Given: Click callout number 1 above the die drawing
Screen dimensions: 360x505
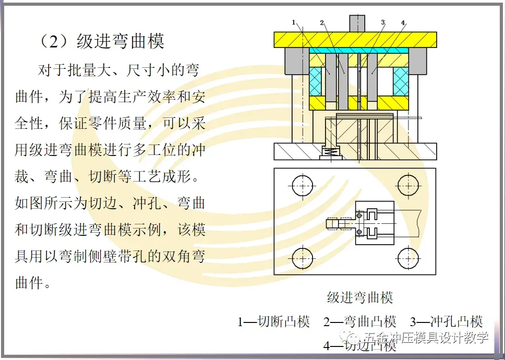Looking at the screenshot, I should [x=294, y=22].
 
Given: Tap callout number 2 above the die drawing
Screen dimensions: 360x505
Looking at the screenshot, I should [x=322, y=22].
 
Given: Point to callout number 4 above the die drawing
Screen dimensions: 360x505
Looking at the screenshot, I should [x=403, y=22].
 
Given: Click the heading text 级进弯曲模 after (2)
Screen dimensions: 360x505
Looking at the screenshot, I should [x=121, y=41].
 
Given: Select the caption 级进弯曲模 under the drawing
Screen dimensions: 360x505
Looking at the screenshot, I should [x=360, y=298].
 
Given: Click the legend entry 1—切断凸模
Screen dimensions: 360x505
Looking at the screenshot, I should [x=274, y=321].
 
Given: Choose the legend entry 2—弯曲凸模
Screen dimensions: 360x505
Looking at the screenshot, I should [x=360, y=321].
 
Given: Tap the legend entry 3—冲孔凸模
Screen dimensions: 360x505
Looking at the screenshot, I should [x=446, y=321].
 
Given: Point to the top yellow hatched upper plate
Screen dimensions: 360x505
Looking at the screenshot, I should [x=355, y=40].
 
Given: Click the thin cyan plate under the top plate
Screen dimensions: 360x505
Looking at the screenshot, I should [x=358, y=51].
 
